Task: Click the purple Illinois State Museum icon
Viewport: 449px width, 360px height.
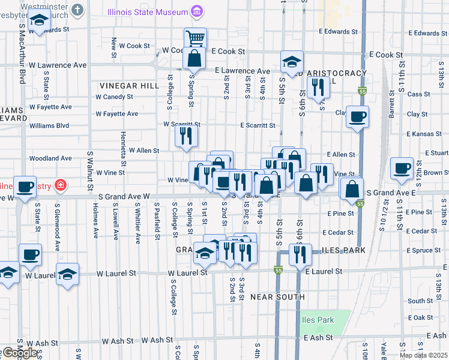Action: pos(196,10)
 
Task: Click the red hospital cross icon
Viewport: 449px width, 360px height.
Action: pos(60,185)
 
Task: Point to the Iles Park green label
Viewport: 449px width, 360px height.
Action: pos(318,320)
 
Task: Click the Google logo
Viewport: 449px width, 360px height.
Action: pos(19,353)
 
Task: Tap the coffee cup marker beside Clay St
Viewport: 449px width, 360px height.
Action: pos(358,117)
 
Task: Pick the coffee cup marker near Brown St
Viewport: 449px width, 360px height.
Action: pos(402,169)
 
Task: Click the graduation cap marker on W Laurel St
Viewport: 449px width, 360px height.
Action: pos(68,274)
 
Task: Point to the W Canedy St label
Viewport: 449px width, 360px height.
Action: pos(114,97)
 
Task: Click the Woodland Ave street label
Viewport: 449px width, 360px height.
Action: pos(50,158)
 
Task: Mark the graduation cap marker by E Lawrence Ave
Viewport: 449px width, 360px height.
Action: pos(292,62)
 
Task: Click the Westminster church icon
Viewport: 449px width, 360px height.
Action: pos(77,10)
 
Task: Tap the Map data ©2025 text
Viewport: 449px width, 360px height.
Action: pos(423,355)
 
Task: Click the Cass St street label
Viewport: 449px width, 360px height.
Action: pos(415,94)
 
